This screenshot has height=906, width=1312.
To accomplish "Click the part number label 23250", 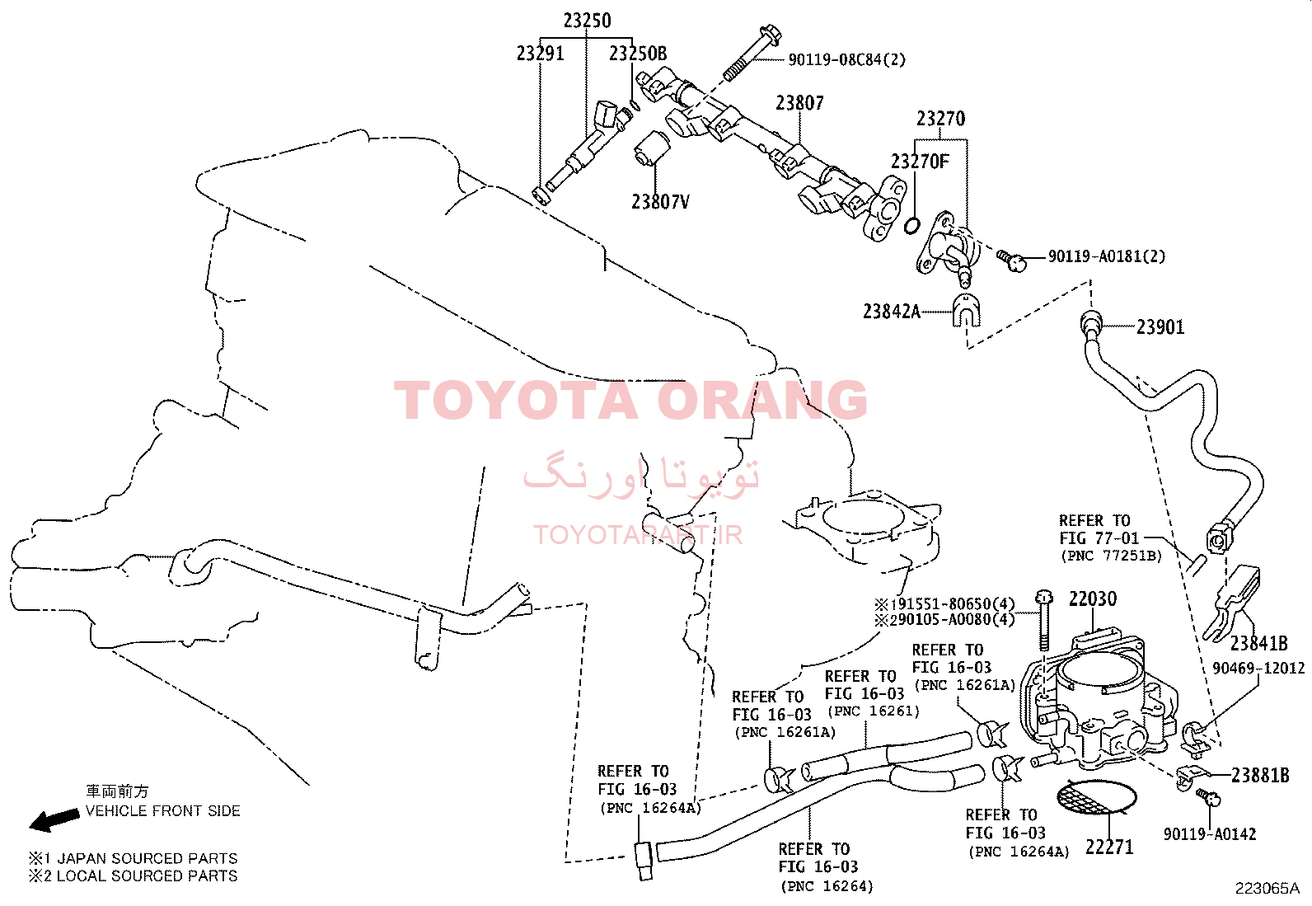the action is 587,21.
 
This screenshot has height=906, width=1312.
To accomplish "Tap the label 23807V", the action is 660,202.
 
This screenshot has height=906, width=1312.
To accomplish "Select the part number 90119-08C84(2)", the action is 847,59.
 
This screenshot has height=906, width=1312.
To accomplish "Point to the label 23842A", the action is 892,311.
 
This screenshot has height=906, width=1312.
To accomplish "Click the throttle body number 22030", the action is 1093,599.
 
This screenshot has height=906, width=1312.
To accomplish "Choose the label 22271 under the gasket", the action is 1109,847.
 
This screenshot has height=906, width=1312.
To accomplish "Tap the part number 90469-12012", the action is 1258,668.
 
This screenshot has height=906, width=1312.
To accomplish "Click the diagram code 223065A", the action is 1267,889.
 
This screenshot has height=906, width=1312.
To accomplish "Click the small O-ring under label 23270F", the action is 911,225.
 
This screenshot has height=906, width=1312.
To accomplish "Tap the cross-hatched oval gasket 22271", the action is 1096,797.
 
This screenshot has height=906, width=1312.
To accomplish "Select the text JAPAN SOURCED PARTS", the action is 147,858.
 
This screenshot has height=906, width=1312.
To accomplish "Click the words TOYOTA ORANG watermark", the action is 630,401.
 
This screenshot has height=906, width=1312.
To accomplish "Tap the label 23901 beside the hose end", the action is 1160,327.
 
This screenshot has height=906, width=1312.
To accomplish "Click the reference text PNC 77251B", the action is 1111,556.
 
